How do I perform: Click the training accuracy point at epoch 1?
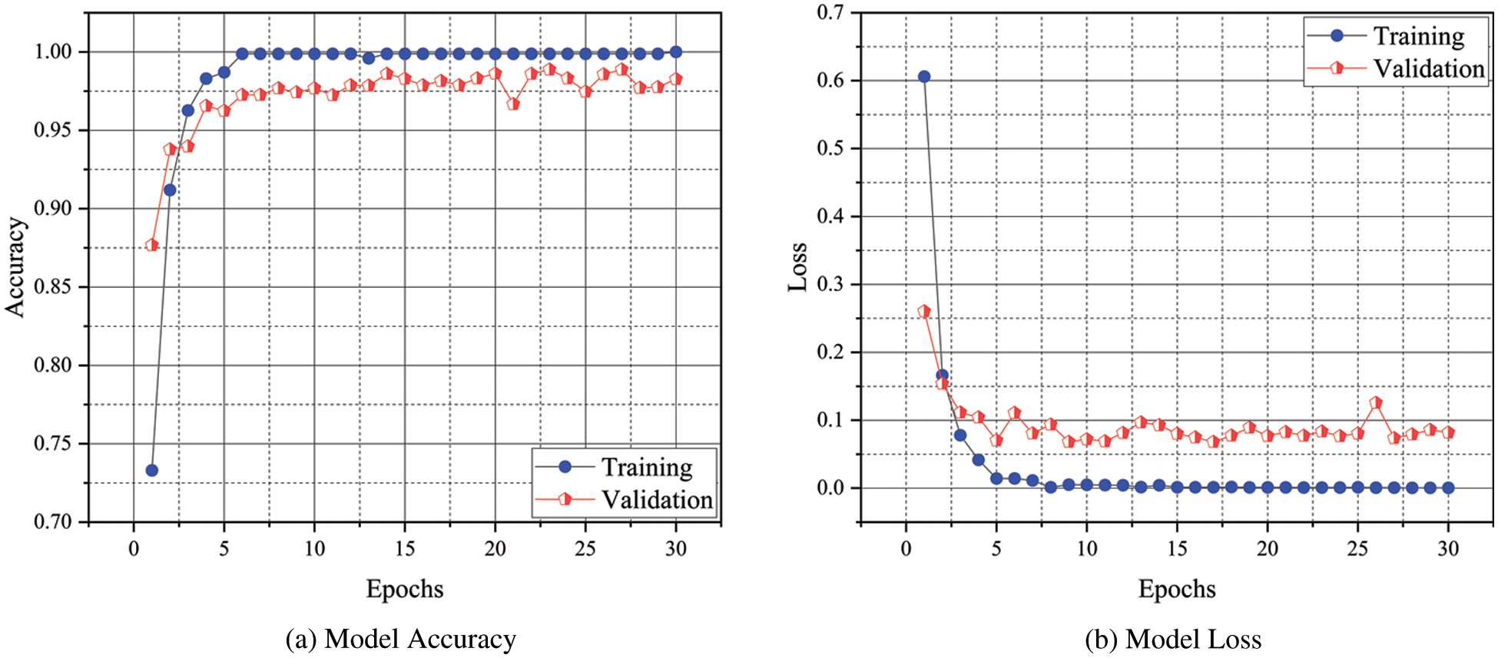(152, 470)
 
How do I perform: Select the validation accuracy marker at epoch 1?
(152, 245)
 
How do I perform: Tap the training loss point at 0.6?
(924, 77)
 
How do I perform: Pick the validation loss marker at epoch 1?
(924, 311)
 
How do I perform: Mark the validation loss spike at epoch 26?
(1376, 402)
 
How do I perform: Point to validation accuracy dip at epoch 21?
(513, 104)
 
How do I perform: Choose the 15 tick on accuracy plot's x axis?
(405, 548)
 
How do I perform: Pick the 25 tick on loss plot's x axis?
(1357, 548)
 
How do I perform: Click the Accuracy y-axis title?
(15, 266)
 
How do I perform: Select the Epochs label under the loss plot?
(1177, 589)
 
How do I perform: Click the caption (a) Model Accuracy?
(400, 639)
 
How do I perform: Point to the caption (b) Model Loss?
(1173, 639)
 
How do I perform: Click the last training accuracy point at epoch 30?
(676, 52)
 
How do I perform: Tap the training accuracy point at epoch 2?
(170, 190)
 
